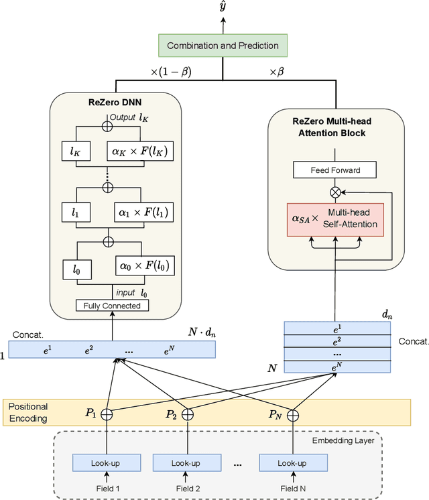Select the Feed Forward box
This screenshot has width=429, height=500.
(x=334, y=170)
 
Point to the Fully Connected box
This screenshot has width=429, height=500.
(x=112, y=306)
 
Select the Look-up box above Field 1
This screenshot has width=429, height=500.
(x=107, y=463)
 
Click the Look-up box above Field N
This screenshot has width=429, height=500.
(x=293, y=463)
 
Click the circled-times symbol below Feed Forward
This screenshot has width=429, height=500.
(x=334, y=192)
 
